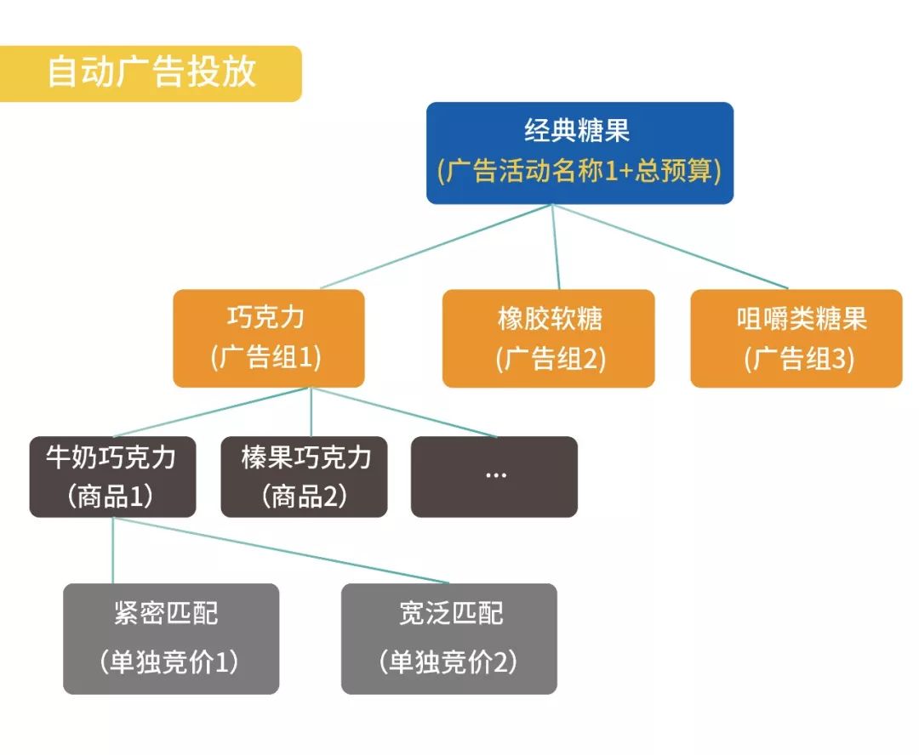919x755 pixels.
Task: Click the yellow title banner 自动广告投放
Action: coord(151,73)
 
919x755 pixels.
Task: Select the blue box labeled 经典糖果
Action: coord(579,152)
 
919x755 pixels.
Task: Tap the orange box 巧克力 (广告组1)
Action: coord(268,338)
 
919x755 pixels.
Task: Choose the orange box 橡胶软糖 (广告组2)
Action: coord(548,338)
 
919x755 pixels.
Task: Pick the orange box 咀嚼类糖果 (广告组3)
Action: coord(796,338)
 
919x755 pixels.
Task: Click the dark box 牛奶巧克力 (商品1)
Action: coord(112,476)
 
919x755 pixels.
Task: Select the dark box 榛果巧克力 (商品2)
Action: coord(304,476)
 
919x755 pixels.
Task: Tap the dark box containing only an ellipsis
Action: coord(494,476)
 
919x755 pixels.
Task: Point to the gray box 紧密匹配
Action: coord(170,638)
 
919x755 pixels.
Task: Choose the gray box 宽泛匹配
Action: coord(448,638)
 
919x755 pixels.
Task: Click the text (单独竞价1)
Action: coord(170,662)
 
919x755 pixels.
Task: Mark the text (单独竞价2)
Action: coord(448,662)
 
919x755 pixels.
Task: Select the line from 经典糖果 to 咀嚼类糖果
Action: coord(671,247)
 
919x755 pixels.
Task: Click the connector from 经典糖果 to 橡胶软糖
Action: coord(556,247)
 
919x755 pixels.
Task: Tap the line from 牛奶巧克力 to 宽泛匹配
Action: coord(281,550)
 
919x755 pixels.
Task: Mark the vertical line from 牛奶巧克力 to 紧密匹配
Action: coord(113,550)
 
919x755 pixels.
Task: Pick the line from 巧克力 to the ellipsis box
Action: coord(404,412)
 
